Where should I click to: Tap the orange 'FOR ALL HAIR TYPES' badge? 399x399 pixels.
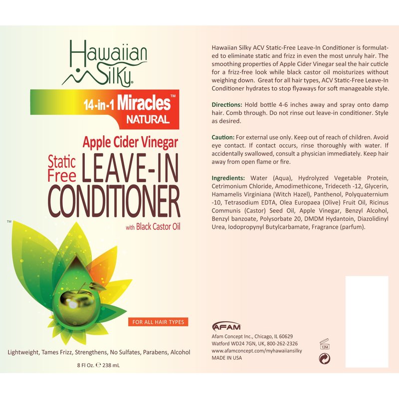[x=158, y=322]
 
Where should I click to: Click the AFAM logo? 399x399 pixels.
[x=226, y=327]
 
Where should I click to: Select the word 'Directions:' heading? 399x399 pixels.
[x=227, y=104]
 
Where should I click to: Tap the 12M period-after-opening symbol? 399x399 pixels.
[x=324, y=345]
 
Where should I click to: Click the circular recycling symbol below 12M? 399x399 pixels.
[x=324, y=358]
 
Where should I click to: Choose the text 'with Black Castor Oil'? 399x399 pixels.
[x=152, y=228]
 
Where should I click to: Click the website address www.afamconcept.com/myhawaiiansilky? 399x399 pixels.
[x=257, y=351]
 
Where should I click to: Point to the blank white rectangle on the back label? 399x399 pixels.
[x=367, y=322]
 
